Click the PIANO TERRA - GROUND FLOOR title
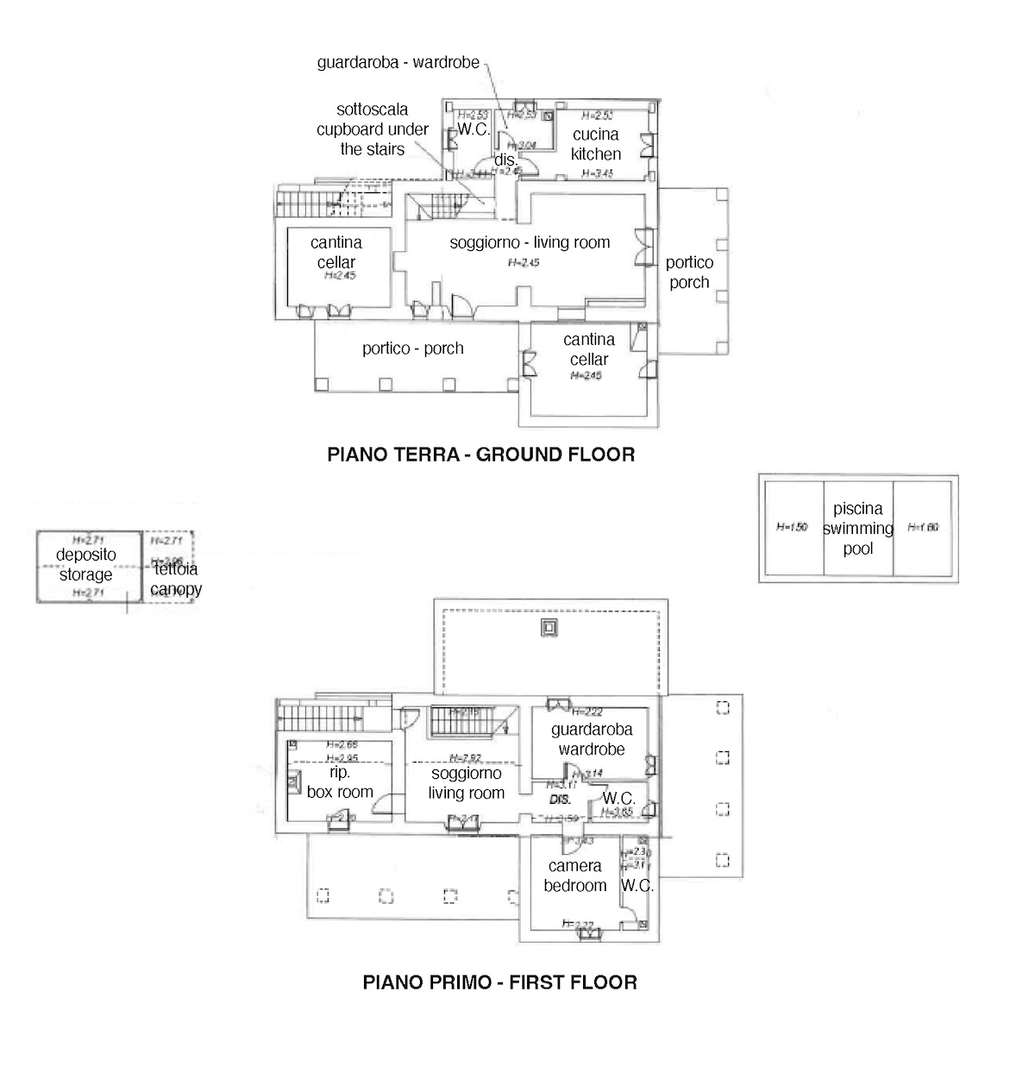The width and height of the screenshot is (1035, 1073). coord(480,455)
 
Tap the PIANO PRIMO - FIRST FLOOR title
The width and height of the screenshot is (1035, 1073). coord(499,982)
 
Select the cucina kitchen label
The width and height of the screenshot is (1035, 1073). coord(595,144)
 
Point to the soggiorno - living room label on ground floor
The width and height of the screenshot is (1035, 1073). coord(530,242)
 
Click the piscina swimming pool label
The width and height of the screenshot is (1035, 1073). coord(858,529)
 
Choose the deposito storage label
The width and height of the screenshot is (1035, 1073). coord(85,564)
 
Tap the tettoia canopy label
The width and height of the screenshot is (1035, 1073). coord(175,579)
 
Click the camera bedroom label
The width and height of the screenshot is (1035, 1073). coord(575,875)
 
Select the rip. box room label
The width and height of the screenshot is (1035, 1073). coord(340,782)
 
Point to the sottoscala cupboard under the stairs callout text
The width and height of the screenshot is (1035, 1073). coord(372,129)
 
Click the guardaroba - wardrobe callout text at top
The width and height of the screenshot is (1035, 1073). coord(398,62)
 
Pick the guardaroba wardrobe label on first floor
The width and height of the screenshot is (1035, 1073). coord(592,739)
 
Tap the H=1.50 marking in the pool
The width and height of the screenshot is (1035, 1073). coord(792,527)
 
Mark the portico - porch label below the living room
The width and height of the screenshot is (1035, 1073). coord(412,348)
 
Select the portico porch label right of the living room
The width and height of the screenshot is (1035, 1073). coord(689,273)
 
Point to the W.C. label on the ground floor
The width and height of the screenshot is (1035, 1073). coord(474,129)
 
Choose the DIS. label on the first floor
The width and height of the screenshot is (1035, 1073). coord(561,800)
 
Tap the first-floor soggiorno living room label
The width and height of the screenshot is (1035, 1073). coord(466,784)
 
